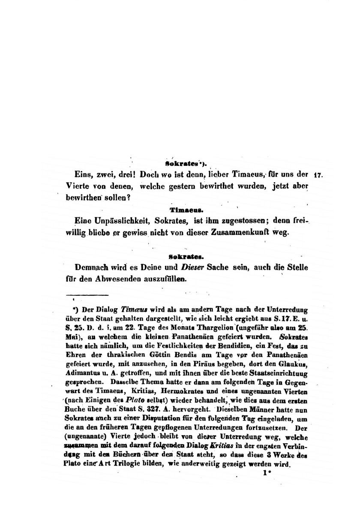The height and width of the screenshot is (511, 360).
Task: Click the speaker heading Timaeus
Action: (183, 210)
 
